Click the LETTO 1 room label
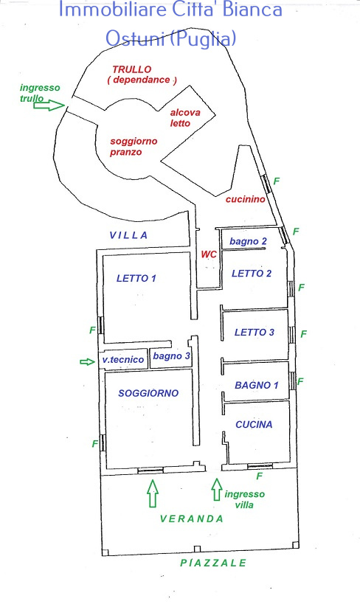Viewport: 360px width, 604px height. tap(136, 278)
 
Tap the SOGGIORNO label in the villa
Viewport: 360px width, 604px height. tap(148, 393)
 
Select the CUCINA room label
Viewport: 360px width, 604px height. tap(254, 425)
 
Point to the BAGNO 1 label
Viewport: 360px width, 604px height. tap(257, 385)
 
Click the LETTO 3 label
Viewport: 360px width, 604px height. tap(255, 332)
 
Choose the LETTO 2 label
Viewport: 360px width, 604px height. tap(252, 274)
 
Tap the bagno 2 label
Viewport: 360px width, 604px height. tap(248, 241)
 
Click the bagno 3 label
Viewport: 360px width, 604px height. tap(172, 356)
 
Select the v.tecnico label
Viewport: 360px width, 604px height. tap(123, 360)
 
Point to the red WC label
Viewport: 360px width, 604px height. tap(209, 254)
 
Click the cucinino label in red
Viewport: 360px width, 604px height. tap(246, 199)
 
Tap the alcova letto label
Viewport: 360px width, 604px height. tap(185, 118)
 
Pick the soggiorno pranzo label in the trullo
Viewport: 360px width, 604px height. tap(134, 147)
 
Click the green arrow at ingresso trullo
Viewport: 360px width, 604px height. tap(49, 105)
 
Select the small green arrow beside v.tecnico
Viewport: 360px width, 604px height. tap(88, 361)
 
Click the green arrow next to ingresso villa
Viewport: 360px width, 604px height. tap(217, 489)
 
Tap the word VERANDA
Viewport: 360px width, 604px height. tap(192, 519)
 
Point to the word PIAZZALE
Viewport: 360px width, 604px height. tap(213, 563)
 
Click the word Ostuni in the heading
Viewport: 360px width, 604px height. tap(134, 38)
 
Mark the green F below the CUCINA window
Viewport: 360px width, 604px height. tap(260, 476)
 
